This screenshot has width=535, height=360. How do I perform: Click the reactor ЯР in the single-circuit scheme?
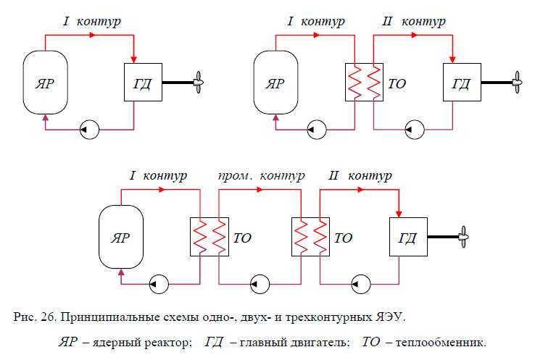pos(45,83)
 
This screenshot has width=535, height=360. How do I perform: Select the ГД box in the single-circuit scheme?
pos(141,83)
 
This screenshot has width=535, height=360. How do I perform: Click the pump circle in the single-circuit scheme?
pos(86,130)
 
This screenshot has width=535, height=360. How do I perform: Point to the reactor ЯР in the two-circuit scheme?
pos(274,83)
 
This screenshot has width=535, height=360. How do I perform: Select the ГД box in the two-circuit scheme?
pos(460,83)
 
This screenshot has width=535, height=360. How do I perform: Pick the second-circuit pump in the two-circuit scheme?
pos(414,130)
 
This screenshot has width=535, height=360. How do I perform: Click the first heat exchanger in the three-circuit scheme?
pos(210,237)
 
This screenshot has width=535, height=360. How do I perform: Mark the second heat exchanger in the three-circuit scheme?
pos(310,237)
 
